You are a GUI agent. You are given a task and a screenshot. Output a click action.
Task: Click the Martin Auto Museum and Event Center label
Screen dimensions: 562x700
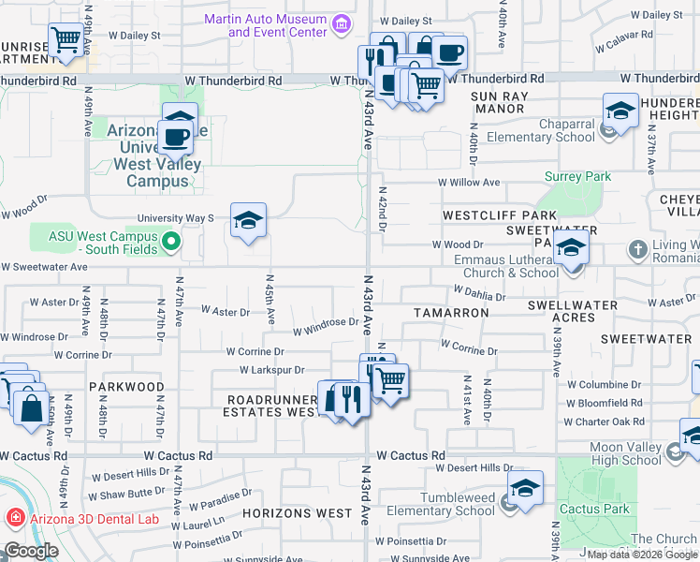(277, 25)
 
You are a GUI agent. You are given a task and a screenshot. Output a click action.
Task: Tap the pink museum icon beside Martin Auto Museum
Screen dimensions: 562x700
(342, 23)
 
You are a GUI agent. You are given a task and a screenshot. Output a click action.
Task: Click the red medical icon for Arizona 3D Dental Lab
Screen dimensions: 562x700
(14, 518)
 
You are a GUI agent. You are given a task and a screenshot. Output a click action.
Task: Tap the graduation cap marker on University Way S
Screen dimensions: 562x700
(248, 220)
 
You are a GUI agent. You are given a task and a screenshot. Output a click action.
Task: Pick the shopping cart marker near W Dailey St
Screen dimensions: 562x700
(65, 40)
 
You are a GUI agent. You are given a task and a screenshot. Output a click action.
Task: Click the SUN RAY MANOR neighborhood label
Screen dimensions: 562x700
(499, 102)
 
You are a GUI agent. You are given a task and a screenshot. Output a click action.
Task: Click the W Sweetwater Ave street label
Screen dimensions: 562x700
(44, 267)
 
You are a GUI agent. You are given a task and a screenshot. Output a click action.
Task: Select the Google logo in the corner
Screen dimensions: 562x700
(31, 551)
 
